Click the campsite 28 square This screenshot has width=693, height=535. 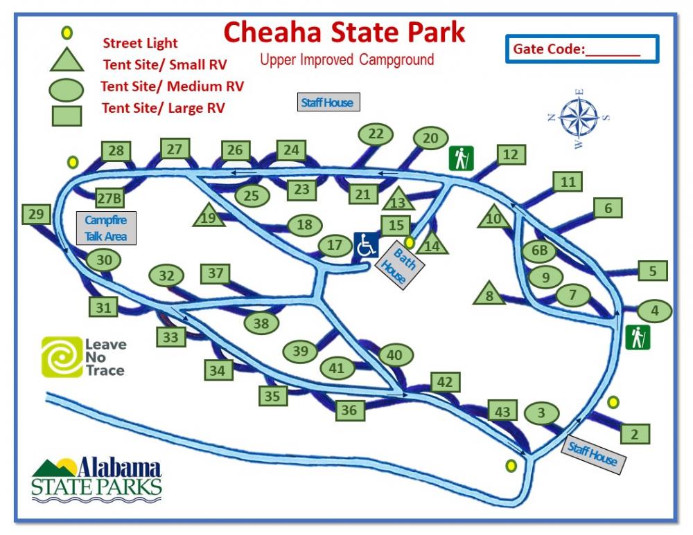point(116,151)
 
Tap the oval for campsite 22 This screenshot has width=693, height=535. point(376,134)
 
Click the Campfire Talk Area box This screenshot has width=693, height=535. point(106,228)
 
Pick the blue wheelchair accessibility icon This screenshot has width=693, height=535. point(367,245)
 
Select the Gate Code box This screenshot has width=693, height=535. point(581,49)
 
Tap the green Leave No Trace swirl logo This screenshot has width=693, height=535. point(61,356)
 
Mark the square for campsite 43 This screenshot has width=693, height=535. point(502,412)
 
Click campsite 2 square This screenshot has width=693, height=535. point(635,434)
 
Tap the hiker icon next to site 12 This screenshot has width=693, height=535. point(460,158)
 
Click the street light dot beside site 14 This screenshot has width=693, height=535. point(410,242)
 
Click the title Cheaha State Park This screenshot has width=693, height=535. point(344,33)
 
